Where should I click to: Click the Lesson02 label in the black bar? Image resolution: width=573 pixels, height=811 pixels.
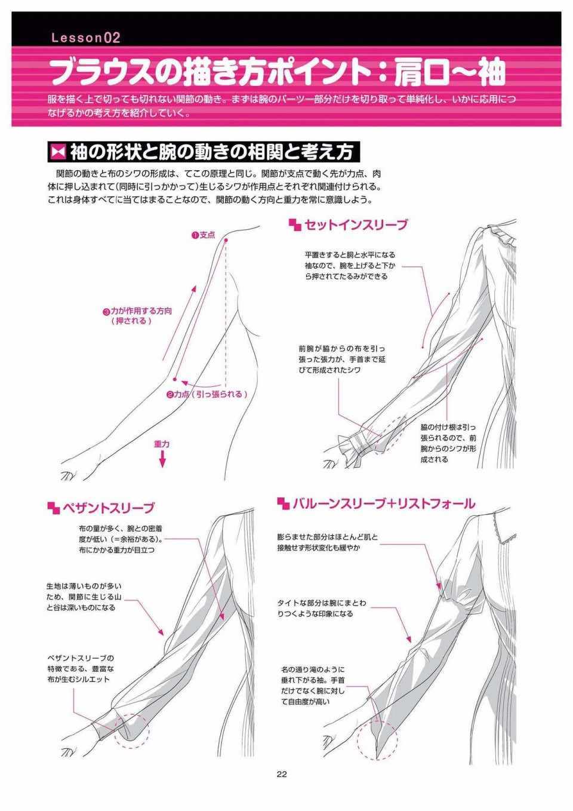[86, 38]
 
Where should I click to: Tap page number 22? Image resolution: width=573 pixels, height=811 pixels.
[282, 774]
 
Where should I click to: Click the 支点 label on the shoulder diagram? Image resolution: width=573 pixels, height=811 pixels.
[207, 235]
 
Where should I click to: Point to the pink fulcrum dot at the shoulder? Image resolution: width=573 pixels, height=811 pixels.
[226, 240]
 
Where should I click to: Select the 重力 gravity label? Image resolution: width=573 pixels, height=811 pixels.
[162, 444]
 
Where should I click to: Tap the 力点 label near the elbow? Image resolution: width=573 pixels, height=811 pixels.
[181, 394]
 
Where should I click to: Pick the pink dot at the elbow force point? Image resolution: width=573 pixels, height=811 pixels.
[174, 379]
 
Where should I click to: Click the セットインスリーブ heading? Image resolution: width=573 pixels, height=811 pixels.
[356, 225]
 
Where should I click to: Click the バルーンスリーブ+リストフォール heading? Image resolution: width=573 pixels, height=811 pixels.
[384, 503]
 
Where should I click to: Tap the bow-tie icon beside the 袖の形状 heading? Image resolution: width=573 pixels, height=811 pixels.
[58, 152]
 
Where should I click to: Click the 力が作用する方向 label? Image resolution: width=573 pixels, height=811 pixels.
[141, 311]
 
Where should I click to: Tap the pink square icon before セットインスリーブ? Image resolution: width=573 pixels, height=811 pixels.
[295, 225]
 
